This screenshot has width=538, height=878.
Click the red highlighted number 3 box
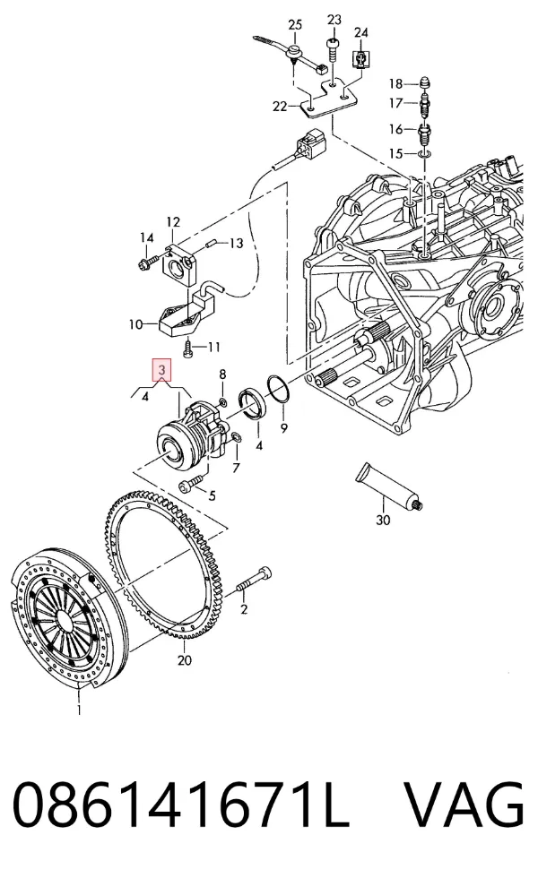(161, 369)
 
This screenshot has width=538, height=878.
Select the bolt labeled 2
(254, 581)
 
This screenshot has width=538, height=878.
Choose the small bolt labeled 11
(188, 349)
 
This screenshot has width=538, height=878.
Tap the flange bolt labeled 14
(145, 261)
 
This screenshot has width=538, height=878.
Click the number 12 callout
(173, 222)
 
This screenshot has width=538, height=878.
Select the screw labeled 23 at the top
(333, 52)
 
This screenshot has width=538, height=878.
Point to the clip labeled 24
(360, 58)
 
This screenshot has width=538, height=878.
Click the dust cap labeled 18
(426, 82)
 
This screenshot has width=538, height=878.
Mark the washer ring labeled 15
(424, 153)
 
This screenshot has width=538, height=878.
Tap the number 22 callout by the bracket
(280, 106)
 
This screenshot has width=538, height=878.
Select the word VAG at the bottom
(464, 805)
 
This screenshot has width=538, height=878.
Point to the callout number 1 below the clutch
(79, 710)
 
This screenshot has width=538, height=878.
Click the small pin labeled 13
(212, 243)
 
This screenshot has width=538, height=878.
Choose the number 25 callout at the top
(295, 24)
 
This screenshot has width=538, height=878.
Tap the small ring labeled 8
(223, 401)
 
